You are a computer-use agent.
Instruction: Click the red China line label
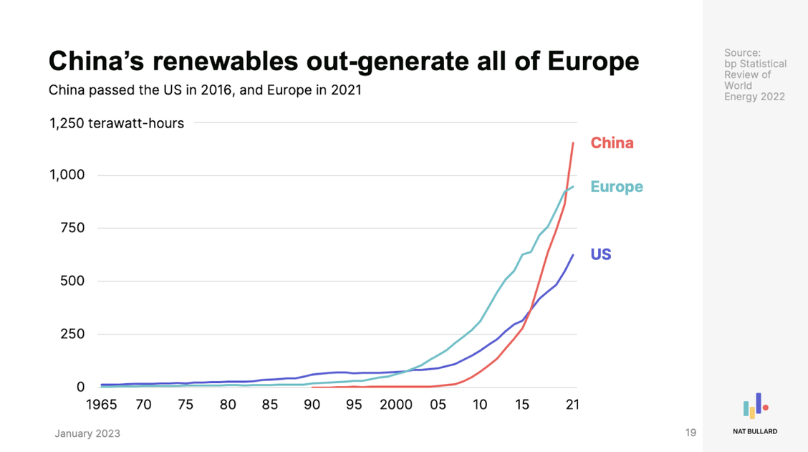coord(612,143)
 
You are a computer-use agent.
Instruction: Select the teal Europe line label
coord(616,187)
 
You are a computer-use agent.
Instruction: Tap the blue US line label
coord(600,254)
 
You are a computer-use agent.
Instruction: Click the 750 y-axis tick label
coord(72,229)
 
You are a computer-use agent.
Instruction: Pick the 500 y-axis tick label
coord(72,282)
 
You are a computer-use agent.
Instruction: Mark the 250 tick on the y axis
coord(72,335)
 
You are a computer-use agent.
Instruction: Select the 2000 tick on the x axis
coord(396,405)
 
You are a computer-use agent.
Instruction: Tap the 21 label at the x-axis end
coord(572,405)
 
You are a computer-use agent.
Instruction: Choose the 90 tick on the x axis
coord(312,405)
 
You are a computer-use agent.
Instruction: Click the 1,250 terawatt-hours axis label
coord(116,123)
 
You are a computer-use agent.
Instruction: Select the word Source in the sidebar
coord(742,53)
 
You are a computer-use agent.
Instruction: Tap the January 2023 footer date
coord(87,433)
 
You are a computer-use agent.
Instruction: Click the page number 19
coord(691,433)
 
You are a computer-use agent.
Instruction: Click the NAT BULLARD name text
coord(755,431)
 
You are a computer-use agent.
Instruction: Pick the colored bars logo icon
coord(755,406)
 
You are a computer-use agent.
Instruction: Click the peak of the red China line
coord(573,143)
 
